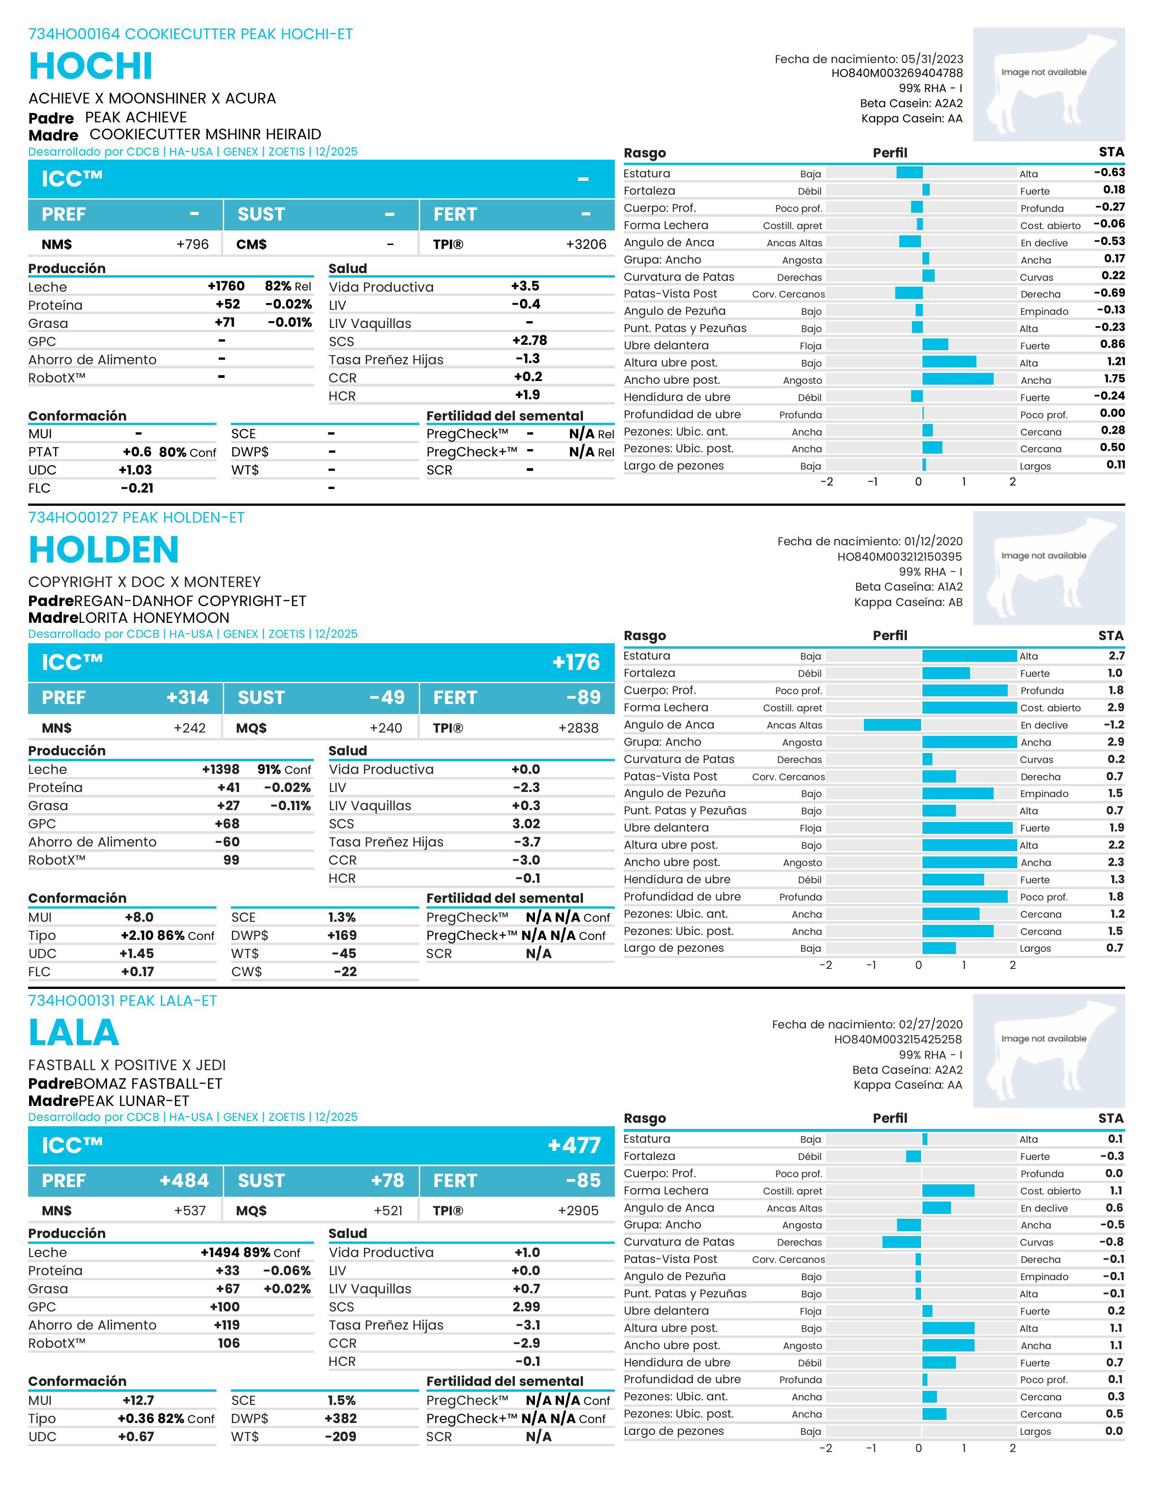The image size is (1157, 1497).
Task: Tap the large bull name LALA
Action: [74, 1033]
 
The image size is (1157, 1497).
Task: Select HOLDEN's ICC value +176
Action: [576, 662]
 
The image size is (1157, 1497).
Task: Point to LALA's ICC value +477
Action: [574, 1145]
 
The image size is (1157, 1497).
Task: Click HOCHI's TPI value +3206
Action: [586, 244]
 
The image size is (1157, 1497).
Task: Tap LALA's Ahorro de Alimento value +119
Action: [227, 1325]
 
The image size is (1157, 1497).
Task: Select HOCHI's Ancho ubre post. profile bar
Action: [957, 379]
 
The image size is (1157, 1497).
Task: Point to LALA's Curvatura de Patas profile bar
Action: [902, 1242]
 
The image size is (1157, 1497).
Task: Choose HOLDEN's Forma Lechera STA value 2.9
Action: [1115, 707]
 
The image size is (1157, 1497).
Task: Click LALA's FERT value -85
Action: [583, 1181]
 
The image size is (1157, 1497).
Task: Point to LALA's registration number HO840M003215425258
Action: [898, 1040]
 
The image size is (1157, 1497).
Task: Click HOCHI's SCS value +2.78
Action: [529, 341]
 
